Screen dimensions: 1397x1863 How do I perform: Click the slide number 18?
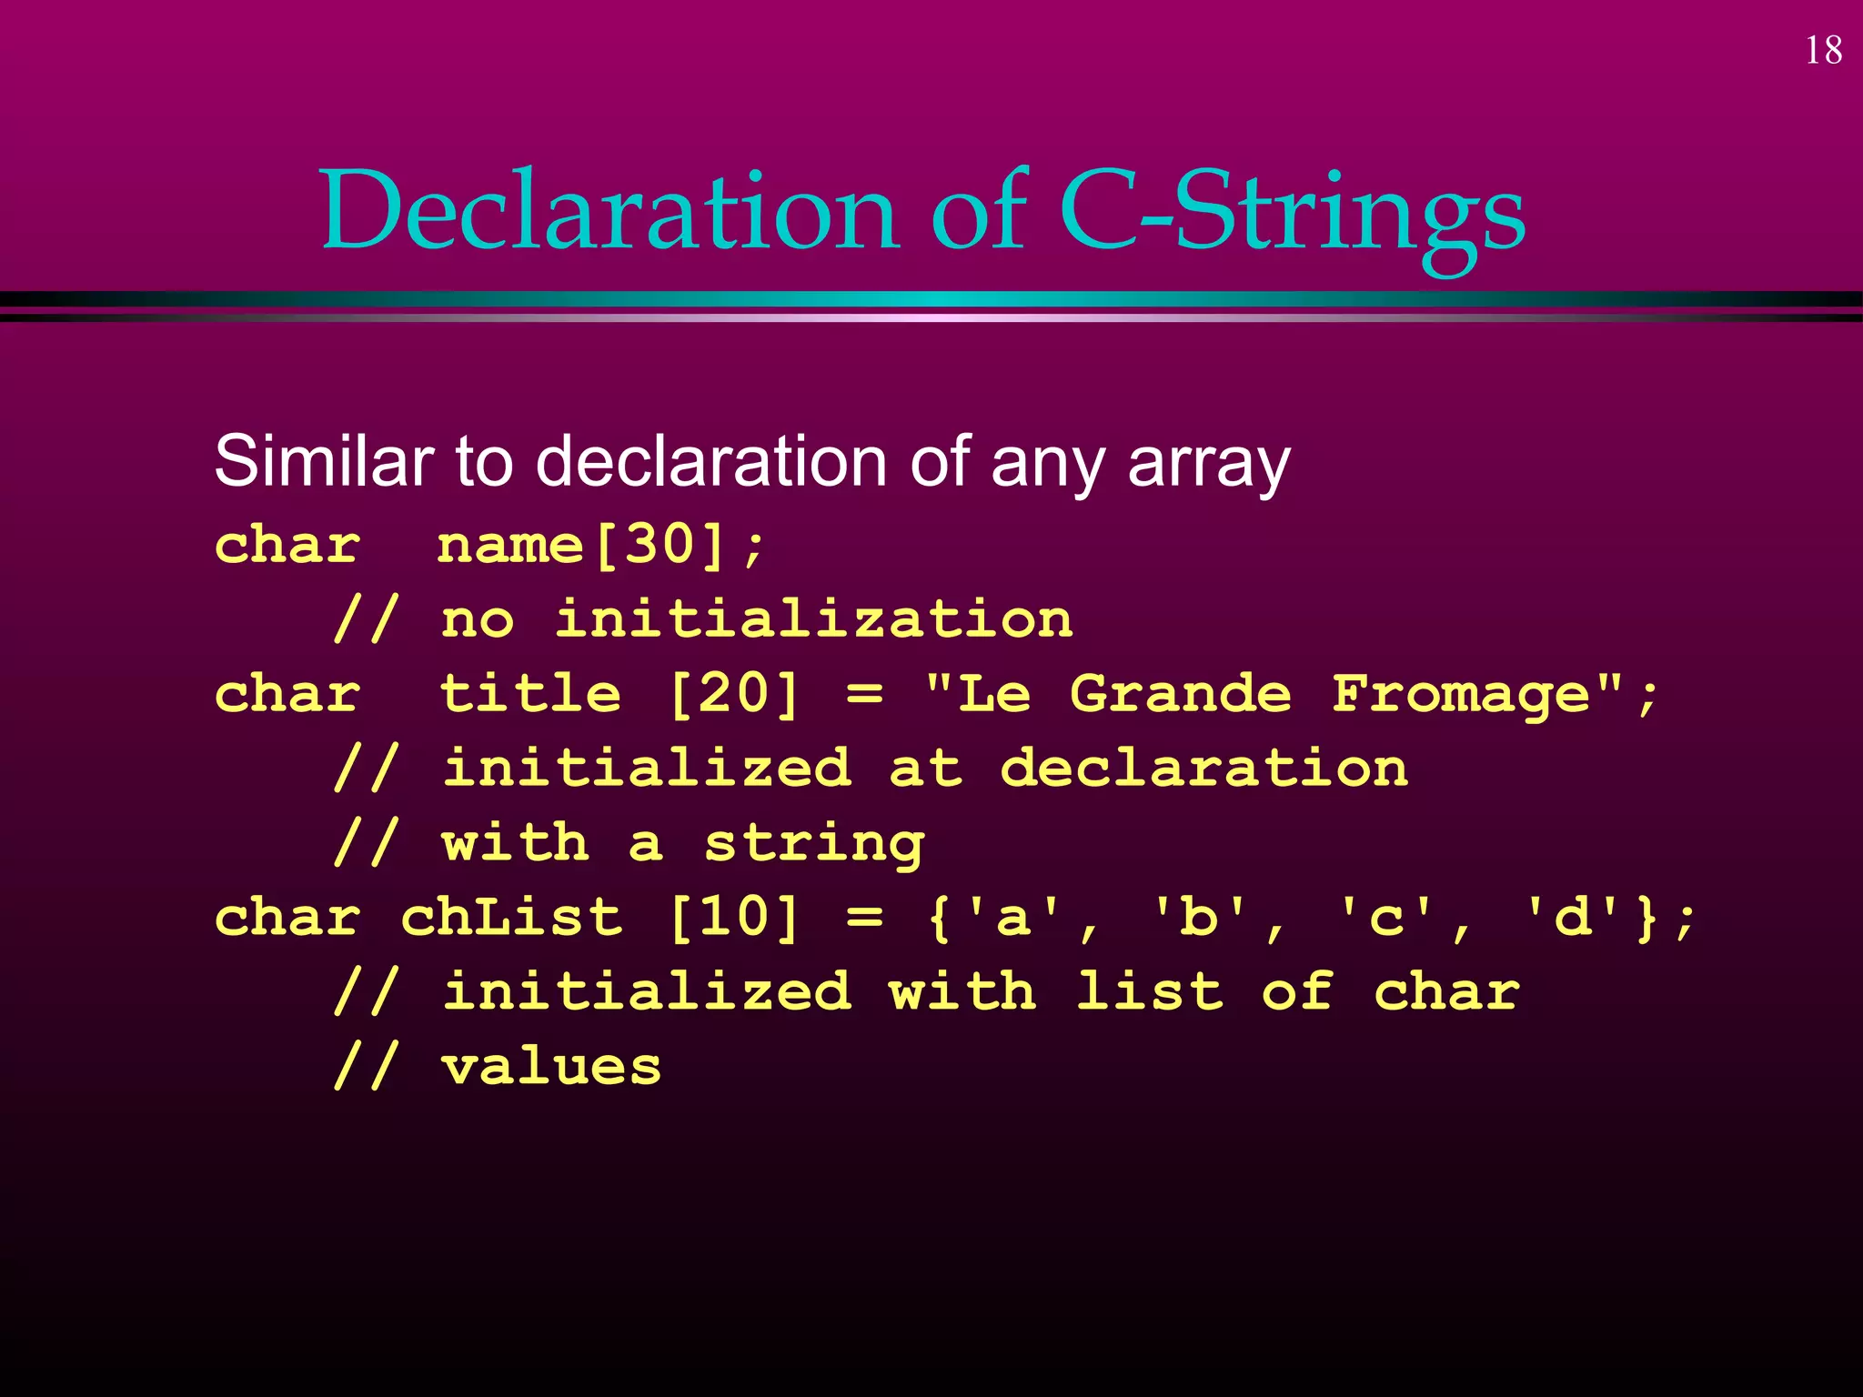1823,51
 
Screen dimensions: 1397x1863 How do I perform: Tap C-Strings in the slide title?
1292,211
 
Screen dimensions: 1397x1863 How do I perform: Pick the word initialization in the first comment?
814,619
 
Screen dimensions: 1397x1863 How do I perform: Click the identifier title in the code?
530,694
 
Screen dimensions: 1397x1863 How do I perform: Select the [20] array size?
734,694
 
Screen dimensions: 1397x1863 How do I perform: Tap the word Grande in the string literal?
1180,694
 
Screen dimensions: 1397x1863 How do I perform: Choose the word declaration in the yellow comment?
1203,769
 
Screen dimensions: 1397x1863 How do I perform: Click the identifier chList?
512,917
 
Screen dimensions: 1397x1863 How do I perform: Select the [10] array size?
734,917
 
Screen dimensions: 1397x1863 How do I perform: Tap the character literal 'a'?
1012,917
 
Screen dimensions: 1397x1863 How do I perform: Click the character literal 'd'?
1571,917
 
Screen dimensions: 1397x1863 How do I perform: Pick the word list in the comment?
1149,991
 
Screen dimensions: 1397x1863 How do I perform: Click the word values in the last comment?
551,1067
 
